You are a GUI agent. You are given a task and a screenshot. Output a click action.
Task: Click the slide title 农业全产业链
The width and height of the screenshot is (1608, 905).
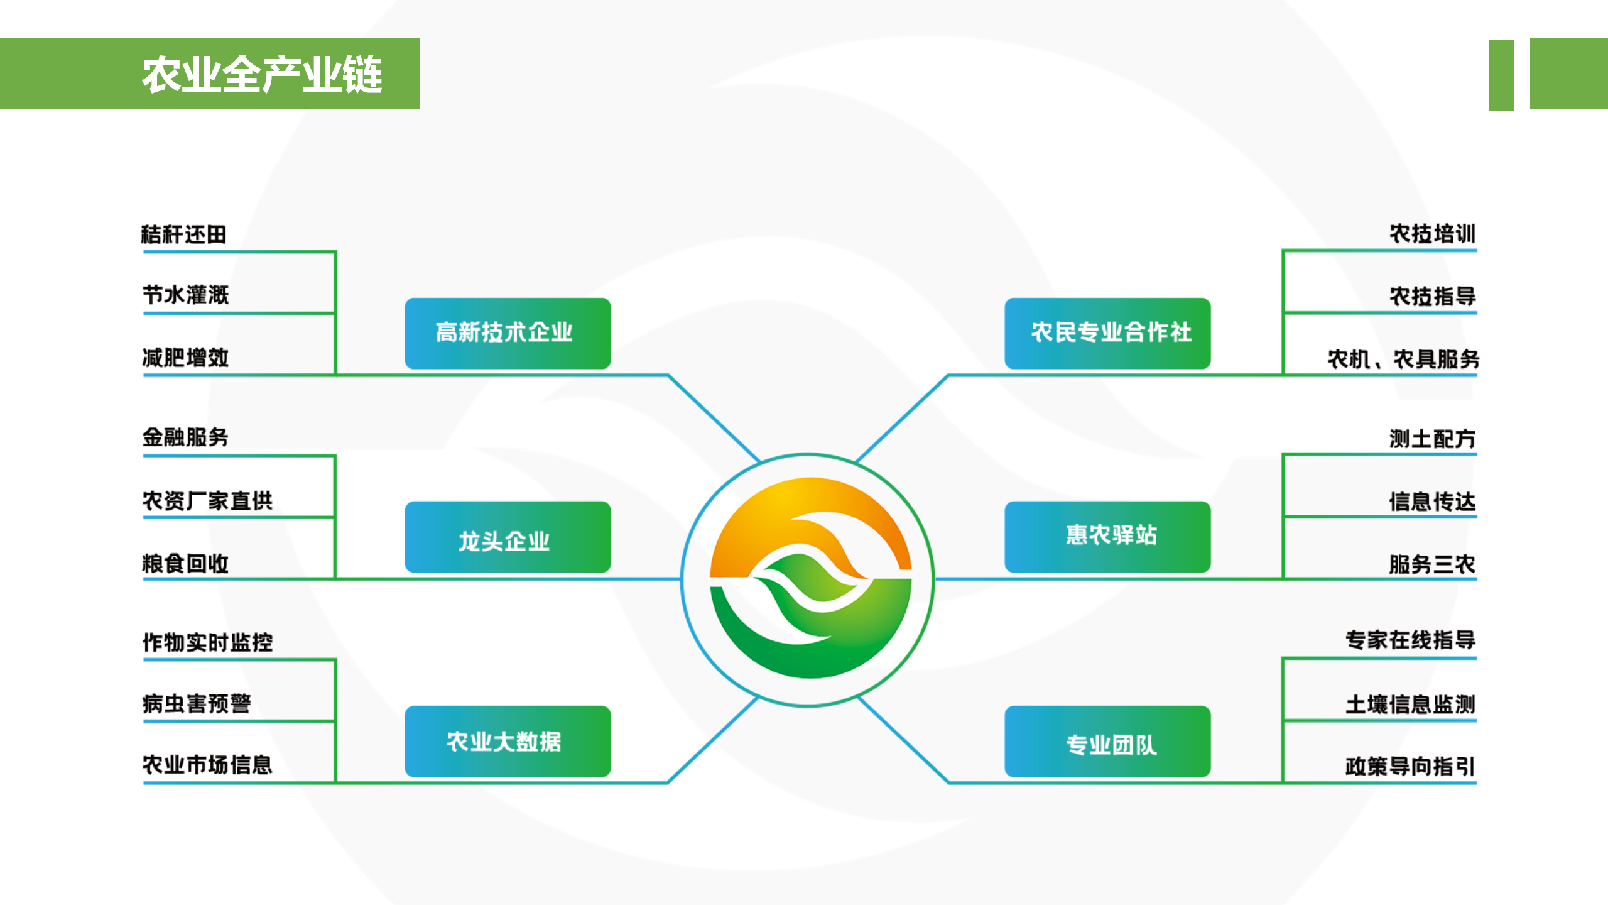point(262,75)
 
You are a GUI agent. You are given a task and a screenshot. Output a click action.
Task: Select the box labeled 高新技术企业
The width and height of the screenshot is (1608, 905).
point(508,333)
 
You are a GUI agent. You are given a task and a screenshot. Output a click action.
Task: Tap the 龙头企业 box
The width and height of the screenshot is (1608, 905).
point(508,537)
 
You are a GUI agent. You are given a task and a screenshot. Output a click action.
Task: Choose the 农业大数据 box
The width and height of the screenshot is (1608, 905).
point(508,742)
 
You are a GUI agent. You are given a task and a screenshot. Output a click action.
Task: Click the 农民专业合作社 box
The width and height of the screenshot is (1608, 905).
point(1107,333)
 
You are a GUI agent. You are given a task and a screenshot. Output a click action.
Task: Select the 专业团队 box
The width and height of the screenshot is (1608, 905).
point(1107,742)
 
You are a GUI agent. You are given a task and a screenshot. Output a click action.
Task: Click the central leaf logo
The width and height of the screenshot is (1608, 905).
point(810,578)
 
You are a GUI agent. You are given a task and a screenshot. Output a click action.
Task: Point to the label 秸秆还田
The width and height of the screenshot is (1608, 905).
point(183,234)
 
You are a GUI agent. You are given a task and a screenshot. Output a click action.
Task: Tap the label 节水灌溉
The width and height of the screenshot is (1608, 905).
point(186,295)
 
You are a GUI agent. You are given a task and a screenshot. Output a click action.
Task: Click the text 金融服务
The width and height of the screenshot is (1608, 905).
point(185,437)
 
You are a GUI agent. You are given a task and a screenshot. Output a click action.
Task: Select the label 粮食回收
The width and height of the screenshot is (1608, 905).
point(185,563)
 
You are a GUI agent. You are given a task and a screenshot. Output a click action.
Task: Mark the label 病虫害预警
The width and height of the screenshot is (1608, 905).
point(197,703)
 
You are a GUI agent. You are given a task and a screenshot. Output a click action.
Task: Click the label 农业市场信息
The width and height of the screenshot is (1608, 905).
point(207,765)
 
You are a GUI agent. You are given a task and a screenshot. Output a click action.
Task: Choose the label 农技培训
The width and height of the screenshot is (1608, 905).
point(1432,234)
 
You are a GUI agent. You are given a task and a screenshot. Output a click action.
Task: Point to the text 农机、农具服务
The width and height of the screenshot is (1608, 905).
point(1403,359)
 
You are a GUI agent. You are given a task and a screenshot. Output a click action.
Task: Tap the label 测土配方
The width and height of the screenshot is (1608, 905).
point(1432,439)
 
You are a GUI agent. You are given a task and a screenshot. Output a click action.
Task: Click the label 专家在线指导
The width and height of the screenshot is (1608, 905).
point(1410,640)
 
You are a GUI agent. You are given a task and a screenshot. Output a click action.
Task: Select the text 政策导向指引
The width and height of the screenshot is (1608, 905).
point(1410,766)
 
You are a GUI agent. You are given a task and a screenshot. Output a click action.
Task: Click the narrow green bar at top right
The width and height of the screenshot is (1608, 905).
point(1501,75)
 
